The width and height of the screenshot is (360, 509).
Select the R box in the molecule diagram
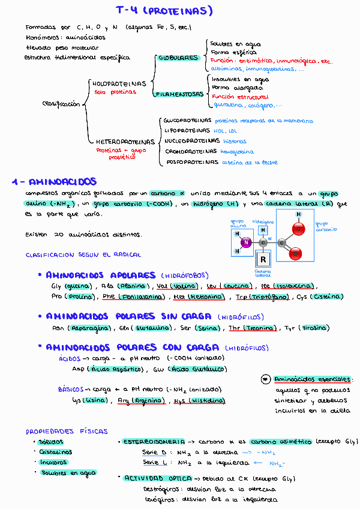coord(262,259)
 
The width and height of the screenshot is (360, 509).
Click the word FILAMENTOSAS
coord(178,94)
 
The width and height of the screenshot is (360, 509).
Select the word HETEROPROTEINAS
coord(125,142)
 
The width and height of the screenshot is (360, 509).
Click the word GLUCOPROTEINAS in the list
coord(188,121)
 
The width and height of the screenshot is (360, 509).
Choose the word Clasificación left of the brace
coord(61,104)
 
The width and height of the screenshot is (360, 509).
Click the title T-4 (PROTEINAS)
coord(164,10)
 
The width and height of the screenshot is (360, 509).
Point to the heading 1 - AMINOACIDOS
coord(54,182)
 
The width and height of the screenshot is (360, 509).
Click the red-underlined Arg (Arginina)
coord(142,400)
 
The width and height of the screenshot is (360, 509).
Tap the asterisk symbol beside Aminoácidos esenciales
coord(266,379)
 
